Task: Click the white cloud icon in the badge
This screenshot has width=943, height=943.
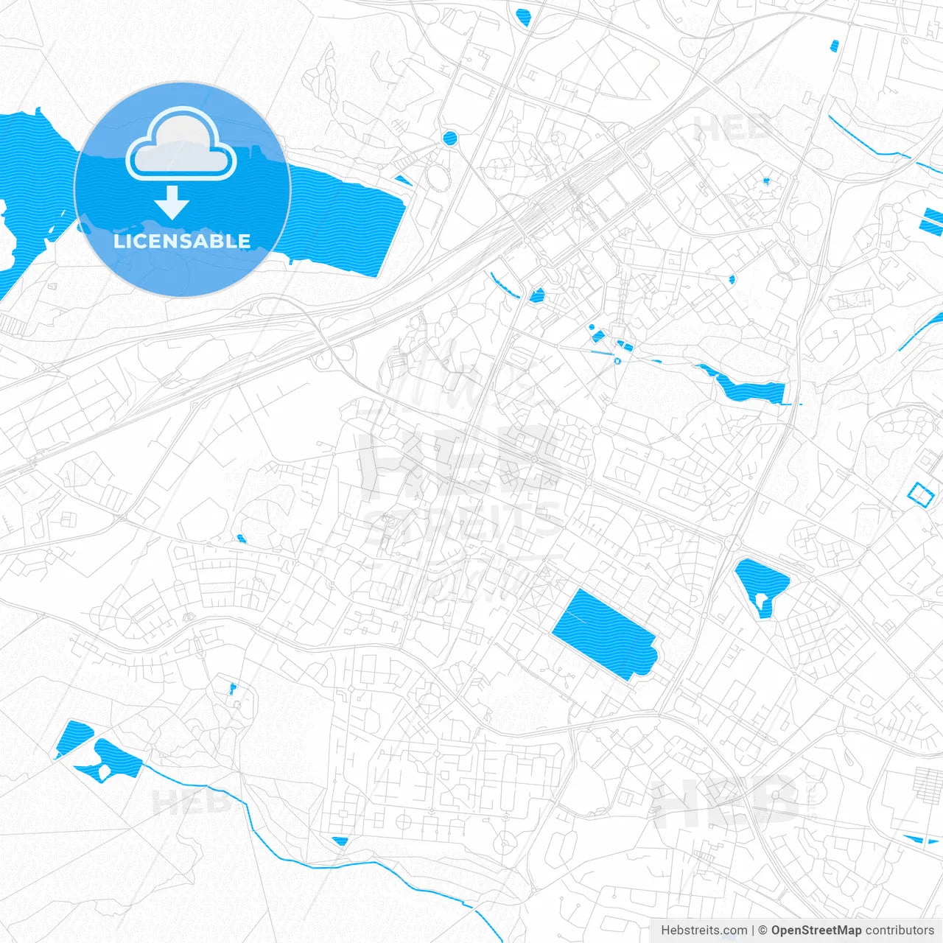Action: tap(181, 144)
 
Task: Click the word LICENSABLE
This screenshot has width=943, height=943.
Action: tap(182, 241)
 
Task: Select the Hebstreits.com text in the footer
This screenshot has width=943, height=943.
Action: tap(704, 930)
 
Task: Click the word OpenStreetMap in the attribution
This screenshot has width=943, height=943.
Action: tap(816, 930)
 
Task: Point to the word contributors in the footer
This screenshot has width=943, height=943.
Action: tap(900, 930)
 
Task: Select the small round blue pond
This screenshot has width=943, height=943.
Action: tap(449, 137)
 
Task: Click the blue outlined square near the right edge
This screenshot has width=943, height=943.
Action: tap(921, 494)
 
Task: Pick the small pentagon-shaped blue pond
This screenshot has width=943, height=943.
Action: tap(536, 295)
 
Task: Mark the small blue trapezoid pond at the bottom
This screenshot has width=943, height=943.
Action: tap(340, 841)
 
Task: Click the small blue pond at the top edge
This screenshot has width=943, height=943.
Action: tap(524, 16)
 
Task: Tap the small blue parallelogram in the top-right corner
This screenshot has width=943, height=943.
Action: tap(835, 46)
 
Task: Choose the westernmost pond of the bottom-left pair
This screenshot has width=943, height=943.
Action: tap(73, 739)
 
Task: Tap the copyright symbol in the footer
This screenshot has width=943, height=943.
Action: tap(763, 930)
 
